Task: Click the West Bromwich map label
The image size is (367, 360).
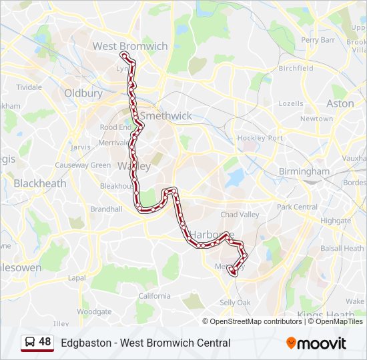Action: [x=130, y=46]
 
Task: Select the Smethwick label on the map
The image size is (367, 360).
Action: [x=170, y=115]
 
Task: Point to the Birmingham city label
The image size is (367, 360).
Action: [x=304, y=171]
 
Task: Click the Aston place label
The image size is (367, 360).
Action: [x=340, y=103]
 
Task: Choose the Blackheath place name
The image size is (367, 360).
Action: [x=40, y=183]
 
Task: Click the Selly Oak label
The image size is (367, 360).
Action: [x=235, y=303]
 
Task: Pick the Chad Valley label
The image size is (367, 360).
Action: [x=240, y=215]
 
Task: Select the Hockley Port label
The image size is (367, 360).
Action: [x=260, y=138]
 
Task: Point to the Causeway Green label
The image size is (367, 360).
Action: [x=83, y=165]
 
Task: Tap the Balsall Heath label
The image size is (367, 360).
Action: [x=342, y=249]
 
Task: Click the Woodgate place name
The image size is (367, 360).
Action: [x=94, y=311]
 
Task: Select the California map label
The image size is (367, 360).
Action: [x=155, y=296]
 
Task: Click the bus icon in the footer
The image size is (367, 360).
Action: [x=30, y=343]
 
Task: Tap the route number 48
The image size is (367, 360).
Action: [x=45, y=342]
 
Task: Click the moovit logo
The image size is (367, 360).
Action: [x=316, y=343]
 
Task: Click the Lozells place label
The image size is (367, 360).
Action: [x=290, y=103]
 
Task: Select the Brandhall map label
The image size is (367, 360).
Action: [x=106, y=209]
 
